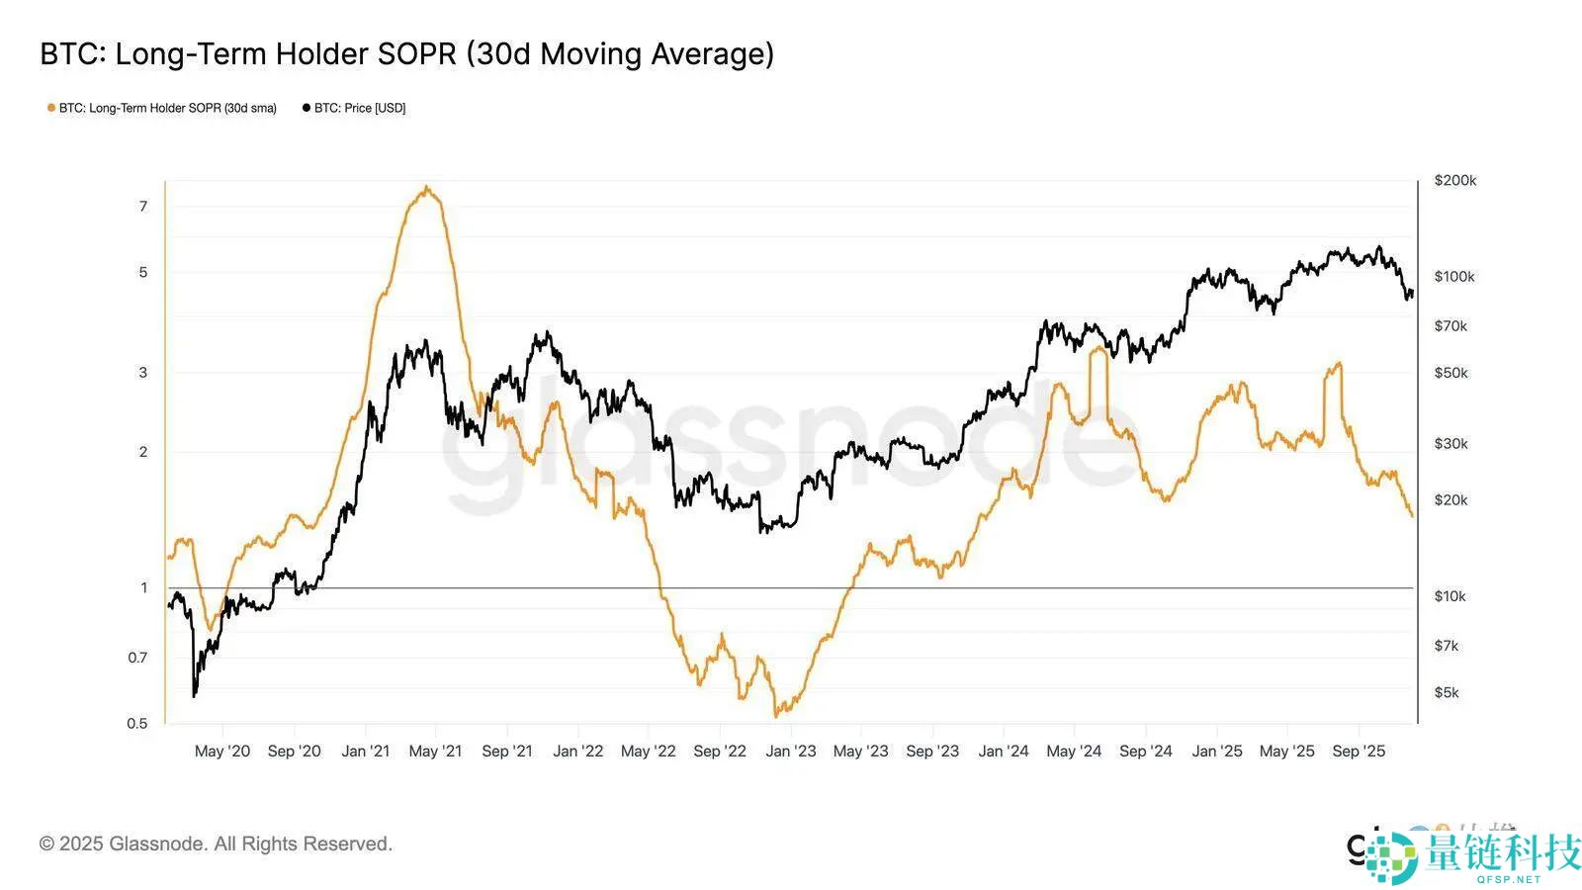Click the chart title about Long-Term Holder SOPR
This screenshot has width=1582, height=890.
(x=406, y=53)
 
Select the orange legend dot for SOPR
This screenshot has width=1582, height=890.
(x=51, y=108)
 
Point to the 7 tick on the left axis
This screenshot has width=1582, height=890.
(x=143, y=206)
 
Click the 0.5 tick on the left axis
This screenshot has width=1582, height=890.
(x=137, y=723)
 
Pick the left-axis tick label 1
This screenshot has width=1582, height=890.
(x=144, y=587)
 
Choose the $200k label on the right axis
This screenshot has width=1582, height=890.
(x=1454, y=180)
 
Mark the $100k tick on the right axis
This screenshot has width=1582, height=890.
(x=1453, y=276)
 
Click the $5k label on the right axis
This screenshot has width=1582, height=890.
(x=1447, y=692)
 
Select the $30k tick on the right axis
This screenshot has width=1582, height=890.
(x=1450, y=443)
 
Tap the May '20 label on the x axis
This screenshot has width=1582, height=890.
(x=222, y=751)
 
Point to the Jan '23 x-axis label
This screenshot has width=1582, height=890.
(x=791, y=751)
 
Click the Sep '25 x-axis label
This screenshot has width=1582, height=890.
(x=1359, y=751)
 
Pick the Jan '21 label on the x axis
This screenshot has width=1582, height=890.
(x=366, y=751)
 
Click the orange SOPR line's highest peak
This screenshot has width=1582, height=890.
(x=426, y=187)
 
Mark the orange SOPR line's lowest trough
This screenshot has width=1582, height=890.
(x=777, y=715)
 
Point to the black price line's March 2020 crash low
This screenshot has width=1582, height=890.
(x=194, y=696)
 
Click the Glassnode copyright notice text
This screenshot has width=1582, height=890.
(x=216, y=844)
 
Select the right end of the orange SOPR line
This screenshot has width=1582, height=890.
(x=1412, y=515)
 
